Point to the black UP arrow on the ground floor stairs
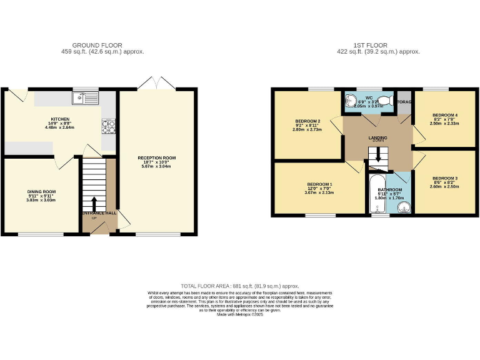tap(94, 204)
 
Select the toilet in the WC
tap(386, 101)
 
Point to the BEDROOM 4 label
tap(444, 115)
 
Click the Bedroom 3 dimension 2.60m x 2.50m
tap(444, 186)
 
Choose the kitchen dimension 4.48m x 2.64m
tap(60, 127)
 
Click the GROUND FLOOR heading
tap(97, 45)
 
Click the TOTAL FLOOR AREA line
tap(239, 285)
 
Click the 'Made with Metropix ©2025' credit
tap(240, 314)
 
